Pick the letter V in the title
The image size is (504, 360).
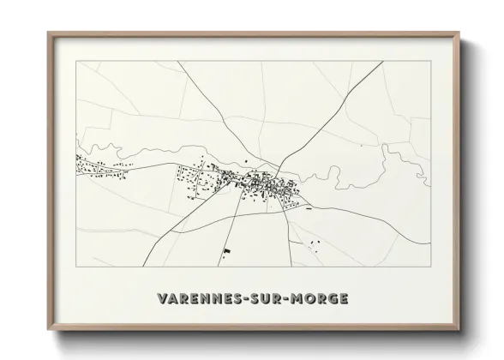[x=163, y=299]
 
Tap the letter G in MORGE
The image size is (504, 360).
[x=333, y=299]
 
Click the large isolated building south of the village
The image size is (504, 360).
[x=227, y=251]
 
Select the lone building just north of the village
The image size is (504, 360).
[x=247, y=160]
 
